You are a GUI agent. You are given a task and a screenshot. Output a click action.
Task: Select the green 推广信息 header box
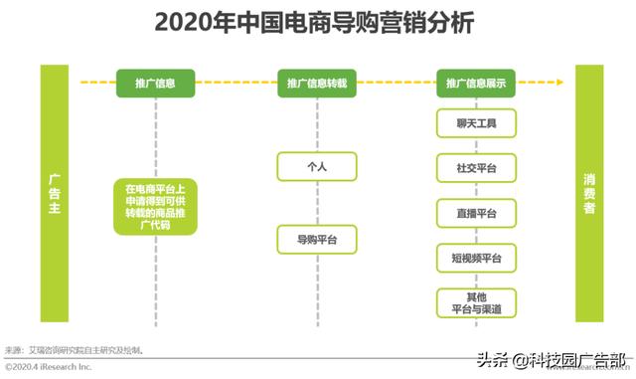pos(155,84)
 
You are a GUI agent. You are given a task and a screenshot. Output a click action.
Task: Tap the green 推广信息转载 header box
pos(316,84)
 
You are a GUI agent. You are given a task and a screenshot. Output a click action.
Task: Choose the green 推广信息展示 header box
pos(476,84)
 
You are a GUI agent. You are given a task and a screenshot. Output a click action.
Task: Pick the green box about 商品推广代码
pos(155,206)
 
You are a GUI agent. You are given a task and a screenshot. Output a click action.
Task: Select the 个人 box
pos(316,167)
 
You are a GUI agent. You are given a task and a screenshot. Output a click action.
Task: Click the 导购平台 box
pos(316,240)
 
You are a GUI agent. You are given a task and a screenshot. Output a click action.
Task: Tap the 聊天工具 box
pos(476,124)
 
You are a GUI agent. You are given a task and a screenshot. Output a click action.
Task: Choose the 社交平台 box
pos(476,168)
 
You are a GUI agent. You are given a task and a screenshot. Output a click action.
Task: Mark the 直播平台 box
pos(476,213)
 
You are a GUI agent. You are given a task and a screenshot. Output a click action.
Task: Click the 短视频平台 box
pos(476,259)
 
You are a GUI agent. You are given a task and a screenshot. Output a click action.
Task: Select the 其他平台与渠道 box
pos(476,302)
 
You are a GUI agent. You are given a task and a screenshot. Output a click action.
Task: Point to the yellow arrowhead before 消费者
pos(565,84)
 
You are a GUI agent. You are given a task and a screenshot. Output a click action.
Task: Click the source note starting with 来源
pos(76,350)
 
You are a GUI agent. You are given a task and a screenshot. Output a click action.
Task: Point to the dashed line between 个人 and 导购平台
pos(316,204)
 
